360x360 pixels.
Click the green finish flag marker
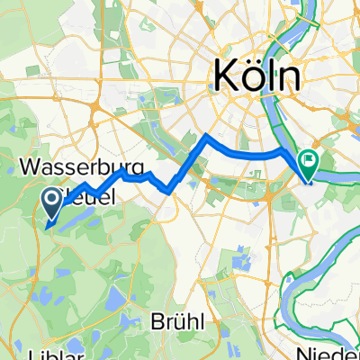(x=309, y=164)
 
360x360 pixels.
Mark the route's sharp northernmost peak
(x=208, y=136)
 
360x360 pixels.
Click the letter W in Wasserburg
(x=28, y=167)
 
